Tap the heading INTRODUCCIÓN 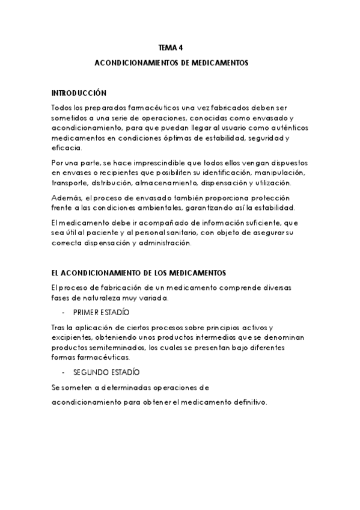point(79,93)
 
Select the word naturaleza point(95,298)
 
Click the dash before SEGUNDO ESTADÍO point(64,372)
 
